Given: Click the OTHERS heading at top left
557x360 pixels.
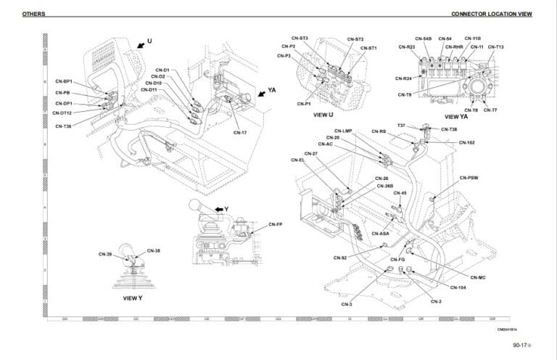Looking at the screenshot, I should tap(33, 14).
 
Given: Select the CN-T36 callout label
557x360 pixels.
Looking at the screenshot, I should tap(63, 126).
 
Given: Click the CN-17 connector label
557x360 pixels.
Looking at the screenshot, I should tap(240, 132).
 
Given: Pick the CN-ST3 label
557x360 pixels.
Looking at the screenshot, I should tap(300, 38).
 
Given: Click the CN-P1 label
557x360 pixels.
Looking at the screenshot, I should tap(304, 104).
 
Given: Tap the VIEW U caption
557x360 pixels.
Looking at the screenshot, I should tap(323, 115).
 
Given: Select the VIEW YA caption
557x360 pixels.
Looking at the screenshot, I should tap(456, 115).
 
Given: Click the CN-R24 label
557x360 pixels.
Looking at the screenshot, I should tap(403, 78).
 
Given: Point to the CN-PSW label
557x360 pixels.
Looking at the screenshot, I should tap(469, 177).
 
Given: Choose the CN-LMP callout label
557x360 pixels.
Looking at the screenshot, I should tap(342, 131).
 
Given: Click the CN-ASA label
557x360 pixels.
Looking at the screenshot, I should tap(381, 234).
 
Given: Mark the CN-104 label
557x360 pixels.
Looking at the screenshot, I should tap(458, 288).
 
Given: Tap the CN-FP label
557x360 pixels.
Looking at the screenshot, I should tap(275, 224).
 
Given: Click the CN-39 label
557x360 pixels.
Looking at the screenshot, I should tap(105, 254).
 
